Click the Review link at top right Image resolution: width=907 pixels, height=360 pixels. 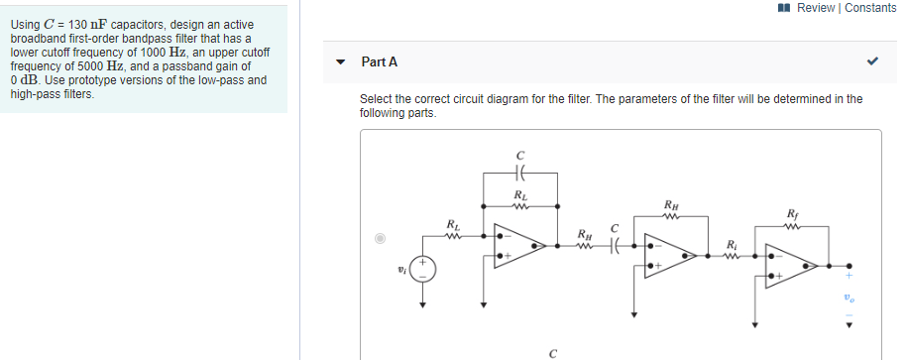pos(816,8)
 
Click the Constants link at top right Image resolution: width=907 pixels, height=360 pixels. pos(870,8)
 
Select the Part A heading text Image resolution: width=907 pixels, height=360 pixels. pos(380,61)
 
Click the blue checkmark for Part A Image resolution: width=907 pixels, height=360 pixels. pos(872,61)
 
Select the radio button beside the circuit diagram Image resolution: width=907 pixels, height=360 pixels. pos(379,238)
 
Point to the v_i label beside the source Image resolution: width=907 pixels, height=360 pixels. pos(401,268)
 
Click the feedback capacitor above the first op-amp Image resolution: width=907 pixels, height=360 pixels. pos(519,174)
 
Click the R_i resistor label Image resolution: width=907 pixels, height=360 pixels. pos(732,244)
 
